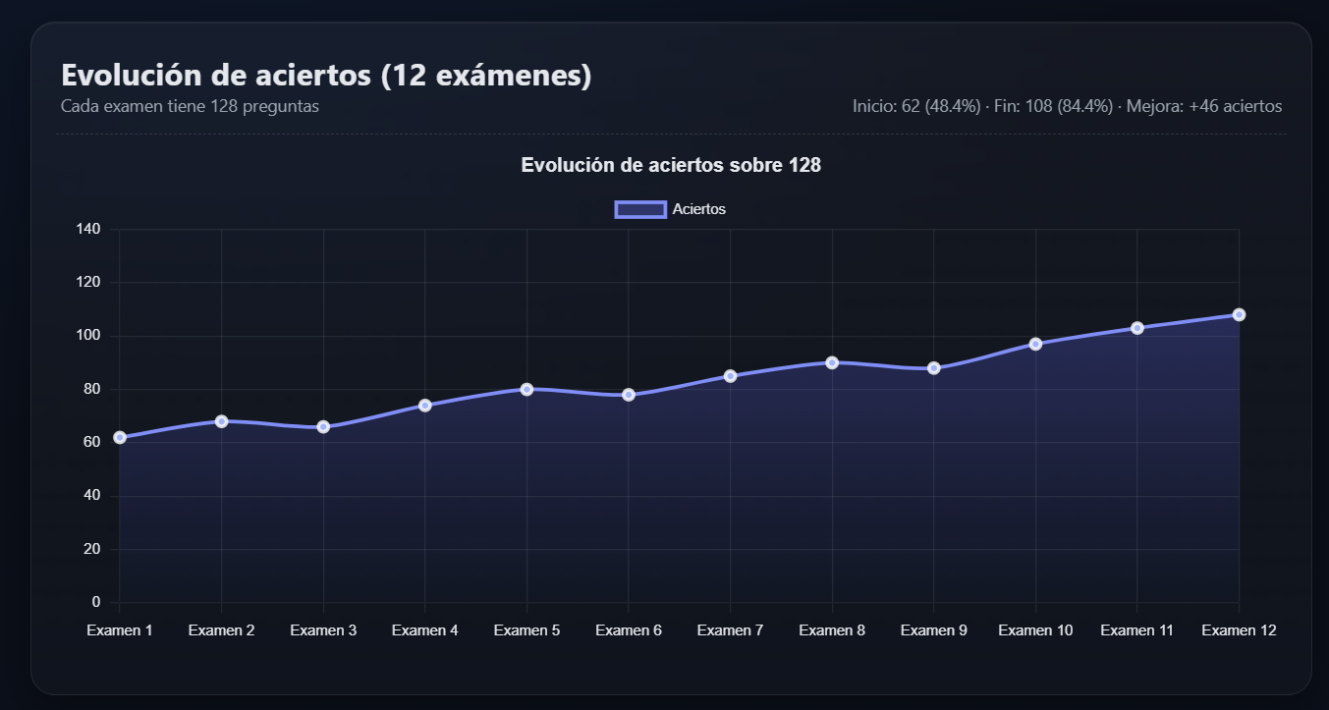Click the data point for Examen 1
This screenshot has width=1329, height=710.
pyautogui.click(x=120, y=437)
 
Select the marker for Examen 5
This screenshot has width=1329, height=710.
pyautogui.click(x=526, y=389)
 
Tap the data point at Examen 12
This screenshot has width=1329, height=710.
pyautogui.click(x=1239, y=314)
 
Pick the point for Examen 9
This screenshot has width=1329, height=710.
pyautogui.click(x=934, y=368)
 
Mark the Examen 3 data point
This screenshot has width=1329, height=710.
pyautogui.click(x=323, y=427)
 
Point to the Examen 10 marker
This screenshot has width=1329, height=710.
pyautogui.click(x=1035, y=344)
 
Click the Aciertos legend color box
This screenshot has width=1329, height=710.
pyautogui.click(x=640, y=209)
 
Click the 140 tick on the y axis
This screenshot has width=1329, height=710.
pyautogui.click(x=88, y=229)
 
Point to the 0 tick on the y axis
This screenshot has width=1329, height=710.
pyautogui.click(x=95, y=602)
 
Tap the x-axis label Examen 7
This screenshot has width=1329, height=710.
pyautogui.click(x=730, y=630)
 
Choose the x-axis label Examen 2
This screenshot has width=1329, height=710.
pyautogui.click(x=221, y=630)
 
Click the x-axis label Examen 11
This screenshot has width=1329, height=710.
pyautogui.click(x=1136, y=630)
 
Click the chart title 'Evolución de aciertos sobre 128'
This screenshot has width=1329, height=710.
pyautogui.click(x=671, y=165)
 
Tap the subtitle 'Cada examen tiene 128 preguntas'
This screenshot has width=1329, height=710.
pyautogui.click(x=190, y=106)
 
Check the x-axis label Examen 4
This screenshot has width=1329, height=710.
pyautogui.click(x=424, y=630)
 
